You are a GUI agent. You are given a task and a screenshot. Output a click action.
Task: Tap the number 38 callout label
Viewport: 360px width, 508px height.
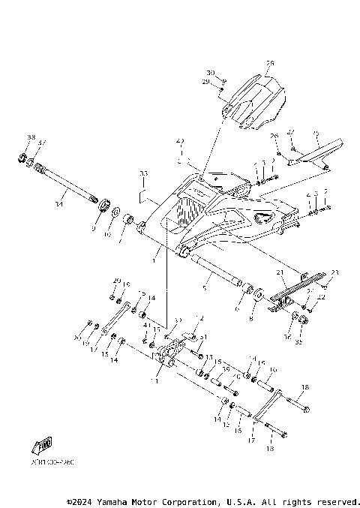(x=31, y=137)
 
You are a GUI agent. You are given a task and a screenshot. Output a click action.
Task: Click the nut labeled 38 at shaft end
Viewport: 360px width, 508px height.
(x=23, y=158)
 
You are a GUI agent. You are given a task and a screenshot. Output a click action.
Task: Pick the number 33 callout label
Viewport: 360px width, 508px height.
(x=143, y=173)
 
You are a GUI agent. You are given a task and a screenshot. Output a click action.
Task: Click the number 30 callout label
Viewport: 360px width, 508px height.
(x=211, y=73)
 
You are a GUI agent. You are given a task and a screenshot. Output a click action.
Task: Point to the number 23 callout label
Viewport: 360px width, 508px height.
(x=335, y=272)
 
